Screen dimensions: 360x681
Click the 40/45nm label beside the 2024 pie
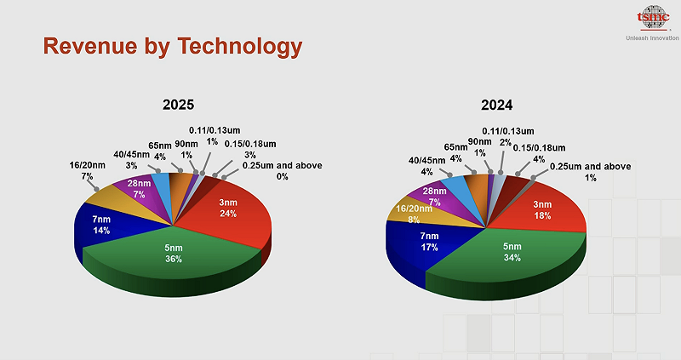point(426,159)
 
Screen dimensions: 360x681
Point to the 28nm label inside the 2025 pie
point(139,184)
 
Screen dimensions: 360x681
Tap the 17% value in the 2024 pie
point(428,248)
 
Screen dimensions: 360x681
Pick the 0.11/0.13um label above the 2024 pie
point(508,131)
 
